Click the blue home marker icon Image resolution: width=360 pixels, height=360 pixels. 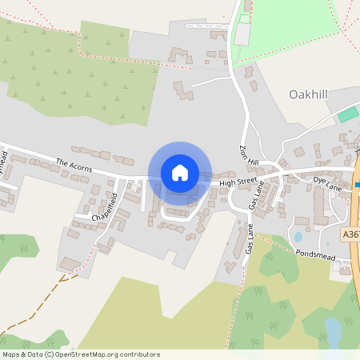179,172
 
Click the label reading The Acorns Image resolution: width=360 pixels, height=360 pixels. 74,166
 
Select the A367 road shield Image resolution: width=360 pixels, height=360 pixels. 350,234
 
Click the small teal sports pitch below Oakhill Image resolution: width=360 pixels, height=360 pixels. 346,115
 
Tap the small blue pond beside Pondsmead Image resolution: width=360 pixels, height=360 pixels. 298,237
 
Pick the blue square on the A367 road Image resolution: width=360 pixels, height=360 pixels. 358,185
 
